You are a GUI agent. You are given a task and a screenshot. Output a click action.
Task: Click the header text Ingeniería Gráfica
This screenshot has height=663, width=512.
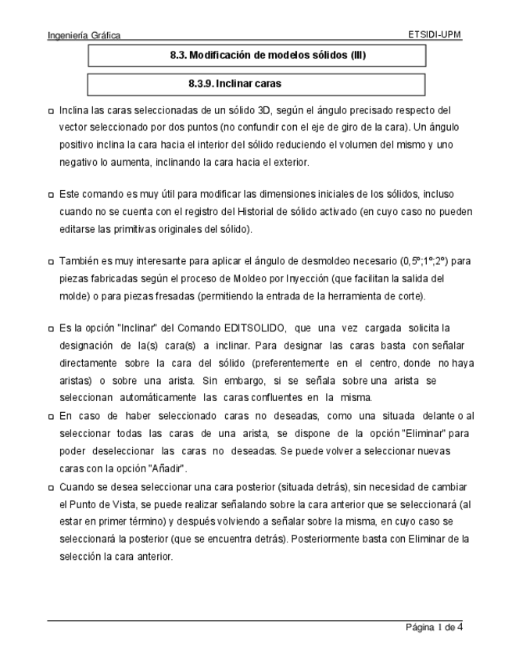coord(84,35)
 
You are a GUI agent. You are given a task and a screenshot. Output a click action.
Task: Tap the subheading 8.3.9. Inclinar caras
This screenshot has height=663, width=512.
coord(235,83)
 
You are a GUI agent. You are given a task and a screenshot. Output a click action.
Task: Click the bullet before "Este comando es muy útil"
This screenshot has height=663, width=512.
coord(52,194)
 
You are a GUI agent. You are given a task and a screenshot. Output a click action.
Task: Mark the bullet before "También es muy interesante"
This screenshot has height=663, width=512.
coord(52,261)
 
